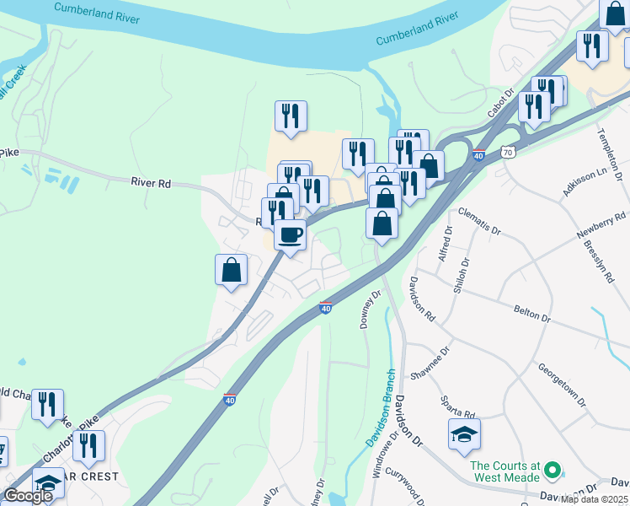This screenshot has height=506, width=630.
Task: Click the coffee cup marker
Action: click(290, 234)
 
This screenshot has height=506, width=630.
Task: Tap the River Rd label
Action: click(151, 181)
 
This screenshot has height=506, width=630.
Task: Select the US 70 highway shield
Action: click(506, 153)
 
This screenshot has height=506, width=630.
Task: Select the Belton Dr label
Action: click(531, 312)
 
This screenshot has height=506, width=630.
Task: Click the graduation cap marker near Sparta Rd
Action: click(464, 434)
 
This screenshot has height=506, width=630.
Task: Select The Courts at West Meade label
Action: click(505, 472)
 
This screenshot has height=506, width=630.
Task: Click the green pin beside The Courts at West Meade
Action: click(553, 468)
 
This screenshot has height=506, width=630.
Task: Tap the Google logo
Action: click(28, 496)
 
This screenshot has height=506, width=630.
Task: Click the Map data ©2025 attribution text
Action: click(595, 499)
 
